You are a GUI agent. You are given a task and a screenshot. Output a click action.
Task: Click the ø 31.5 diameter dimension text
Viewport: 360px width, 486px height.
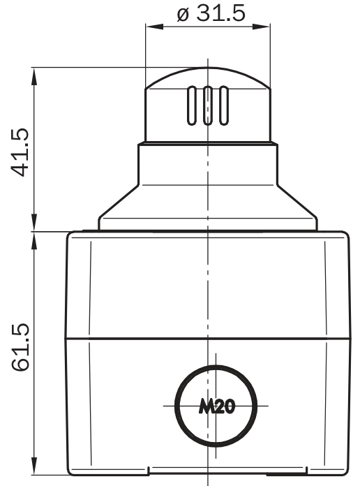coord(211,13)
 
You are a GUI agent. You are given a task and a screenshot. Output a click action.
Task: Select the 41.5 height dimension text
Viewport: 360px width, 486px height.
coord(20,152)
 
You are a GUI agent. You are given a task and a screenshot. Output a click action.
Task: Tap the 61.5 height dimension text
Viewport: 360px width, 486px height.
coord(20,347)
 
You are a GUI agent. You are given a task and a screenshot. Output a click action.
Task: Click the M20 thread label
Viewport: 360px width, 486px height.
coord(217,406)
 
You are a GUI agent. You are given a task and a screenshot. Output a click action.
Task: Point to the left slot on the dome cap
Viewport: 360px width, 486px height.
coord(192,105)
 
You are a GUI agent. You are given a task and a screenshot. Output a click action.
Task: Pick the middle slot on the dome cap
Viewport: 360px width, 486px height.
coord(208,105)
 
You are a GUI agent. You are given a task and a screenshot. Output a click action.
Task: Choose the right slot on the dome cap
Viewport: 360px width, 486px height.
coord(224,105)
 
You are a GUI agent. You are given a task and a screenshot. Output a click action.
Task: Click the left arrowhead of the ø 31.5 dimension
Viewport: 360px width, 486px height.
coord(154,27)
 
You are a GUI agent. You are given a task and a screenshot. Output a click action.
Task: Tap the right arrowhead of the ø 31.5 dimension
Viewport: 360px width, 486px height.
coord(261,27)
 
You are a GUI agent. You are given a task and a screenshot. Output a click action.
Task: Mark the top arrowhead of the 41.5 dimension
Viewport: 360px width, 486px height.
coord(34,76)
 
